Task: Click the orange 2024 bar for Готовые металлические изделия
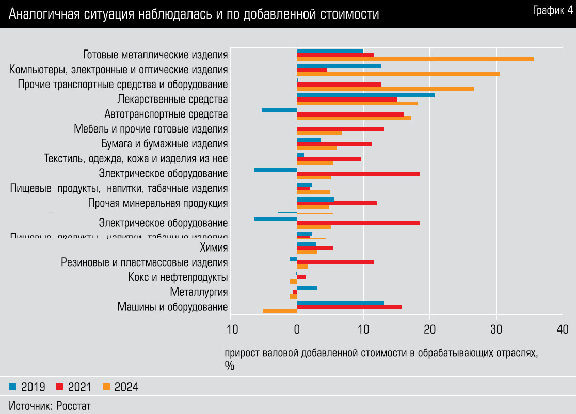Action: [415, 59]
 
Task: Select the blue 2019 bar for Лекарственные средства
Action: [365, 95]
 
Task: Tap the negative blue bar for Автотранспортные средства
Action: [279, 110]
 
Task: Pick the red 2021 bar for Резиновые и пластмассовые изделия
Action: [335, 262]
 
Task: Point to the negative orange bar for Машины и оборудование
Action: [280, 311]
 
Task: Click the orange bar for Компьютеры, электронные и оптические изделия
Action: [398, 74]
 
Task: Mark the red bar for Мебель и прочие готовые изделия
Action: [341, 129]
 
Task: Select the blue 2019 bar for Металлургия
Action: [307, 288]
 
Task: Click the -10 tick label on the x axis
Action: [230, 329]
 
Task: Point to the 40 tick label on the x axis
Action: [563, 329]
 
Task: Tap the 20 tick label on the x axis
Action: [429, 329]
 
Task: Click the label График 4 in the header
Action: [552, 10]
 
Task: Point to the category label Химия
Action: [214, 248]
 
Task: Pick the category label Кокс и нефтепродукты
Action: [178, 277]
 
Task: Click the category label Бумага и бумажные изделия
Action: [165, 144]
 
